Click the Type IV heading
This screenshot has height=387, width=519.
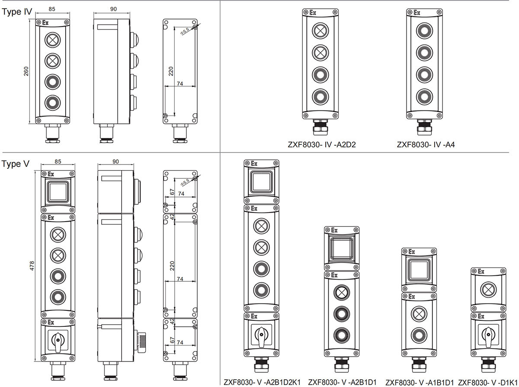pos(17,12)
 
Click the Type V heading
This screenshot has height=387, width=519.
pos(16,164)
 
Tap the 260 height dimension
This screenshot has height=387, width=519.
pos(26,72)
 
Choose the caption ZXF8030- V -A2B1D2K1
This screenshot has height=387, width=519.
pos(262,382)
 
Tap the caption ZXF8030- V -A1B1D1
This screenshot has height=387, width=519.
pos(420,382)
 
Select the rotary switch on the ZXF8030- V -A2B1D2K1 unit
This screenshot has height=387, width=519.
pos(261,335)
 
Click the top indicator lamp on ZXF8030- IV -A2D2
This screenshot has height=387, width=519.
pos(320,31)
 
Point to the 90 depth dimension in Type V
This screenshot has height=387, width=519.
pos(115,161)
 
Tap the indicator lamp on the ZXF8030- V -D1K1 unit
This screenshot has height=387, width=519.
pos(488,288)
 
